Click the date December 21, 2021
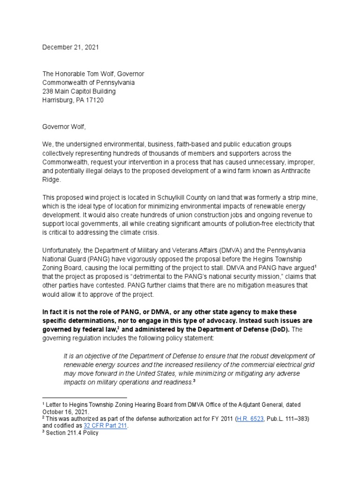pyautogui.click(x=71, y=47)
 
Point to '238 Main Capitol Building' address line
pyautogui.click(x=79, y=91)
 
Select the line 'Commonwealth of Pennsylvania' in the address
pyautogui.click(x=89, y=82)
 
